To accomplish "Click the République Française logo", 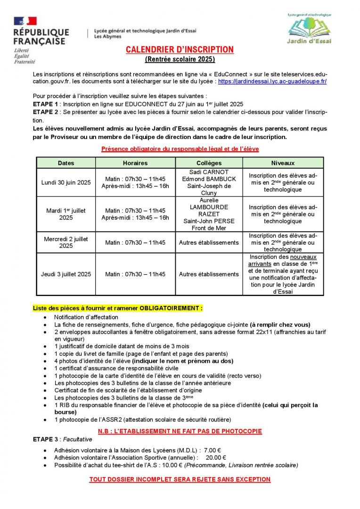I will (x=41, y=40).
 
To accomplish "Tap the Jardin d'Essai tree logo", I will (x=309, y=29).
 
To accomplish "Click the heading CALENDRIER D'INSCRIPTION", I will (x=180, y=50).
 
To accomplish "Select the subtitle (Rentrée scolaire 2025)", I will (x=180, y=59).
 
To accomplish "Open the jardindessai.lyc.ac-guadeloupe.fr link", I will (x=272, y=81).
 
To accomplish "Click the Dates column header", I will (x=66, y=163).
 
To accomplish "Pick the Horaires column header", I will (x=135, y=163).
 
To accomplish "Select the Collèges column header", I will (x=209, y=163).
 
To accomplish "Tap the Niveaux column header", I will (x=283, y=163).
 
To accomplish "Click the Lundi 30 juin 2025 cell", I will (x=66, y=182).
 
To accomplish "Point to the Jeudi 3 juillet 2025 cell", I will (x=66, y=274).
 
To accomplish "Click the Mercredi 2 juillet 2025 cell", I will (x=66, y=242).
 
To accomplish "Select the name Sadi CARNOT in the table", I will (x=209, y=172).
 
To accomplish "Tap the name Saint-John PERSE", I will (x=209, y=221).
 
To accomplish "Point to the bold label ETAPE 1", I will (x=46, y=104).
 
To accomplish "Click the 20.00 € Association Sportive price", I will (x=216, y=458).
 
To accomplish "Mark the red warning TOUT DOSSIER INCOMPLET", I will (x=180, y=480).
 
